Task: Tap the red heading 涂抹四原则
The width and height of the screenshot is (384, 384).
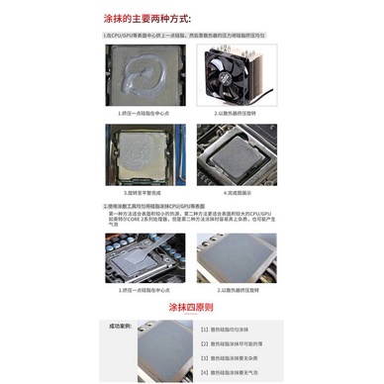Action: [192, 308]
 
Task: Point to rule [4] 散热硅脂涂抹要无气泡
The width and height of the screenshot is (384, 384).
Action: [234, 373]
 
